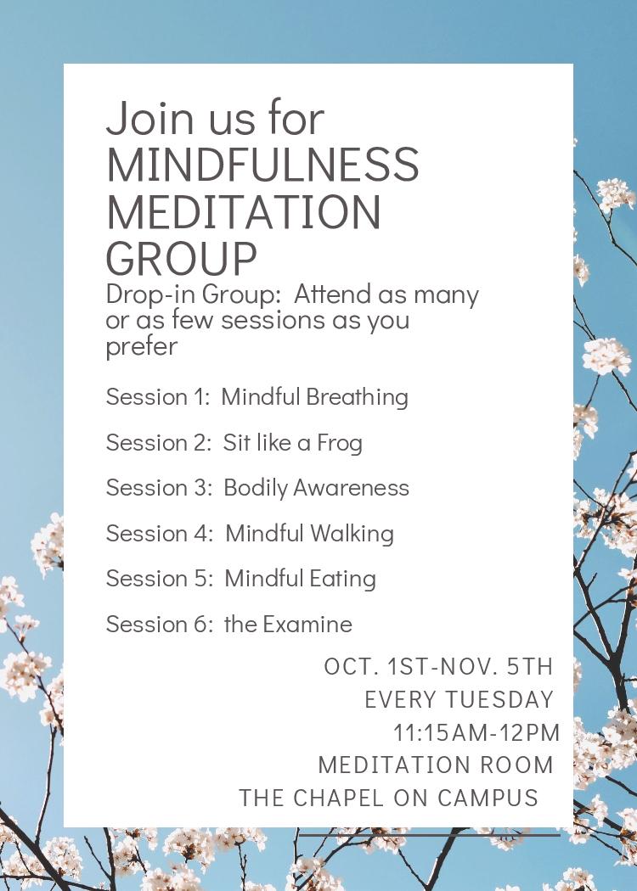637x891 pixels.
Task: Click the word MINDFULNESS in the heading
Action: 262,165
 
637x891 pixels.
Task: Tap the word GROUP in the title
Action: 182,259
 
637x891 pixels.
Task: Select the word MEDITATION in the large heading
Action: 244,211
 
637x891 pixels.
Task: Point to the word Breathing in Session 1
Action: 358,397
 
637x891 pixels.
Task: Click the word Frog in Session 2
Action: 340,443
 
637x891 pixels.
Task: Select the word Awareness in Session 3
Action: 351,488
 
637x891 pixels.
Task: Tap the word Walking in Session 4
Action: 352,534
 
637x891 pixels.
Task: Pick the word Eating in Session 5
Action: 343,579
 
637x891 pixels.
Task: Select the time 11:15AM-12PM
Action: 476,732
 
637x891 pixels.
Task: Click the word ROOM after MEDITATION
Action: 517,765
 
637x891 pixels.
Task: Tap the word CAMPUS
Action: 488,798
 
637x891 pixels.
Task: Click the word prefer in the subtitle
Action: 142,346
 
